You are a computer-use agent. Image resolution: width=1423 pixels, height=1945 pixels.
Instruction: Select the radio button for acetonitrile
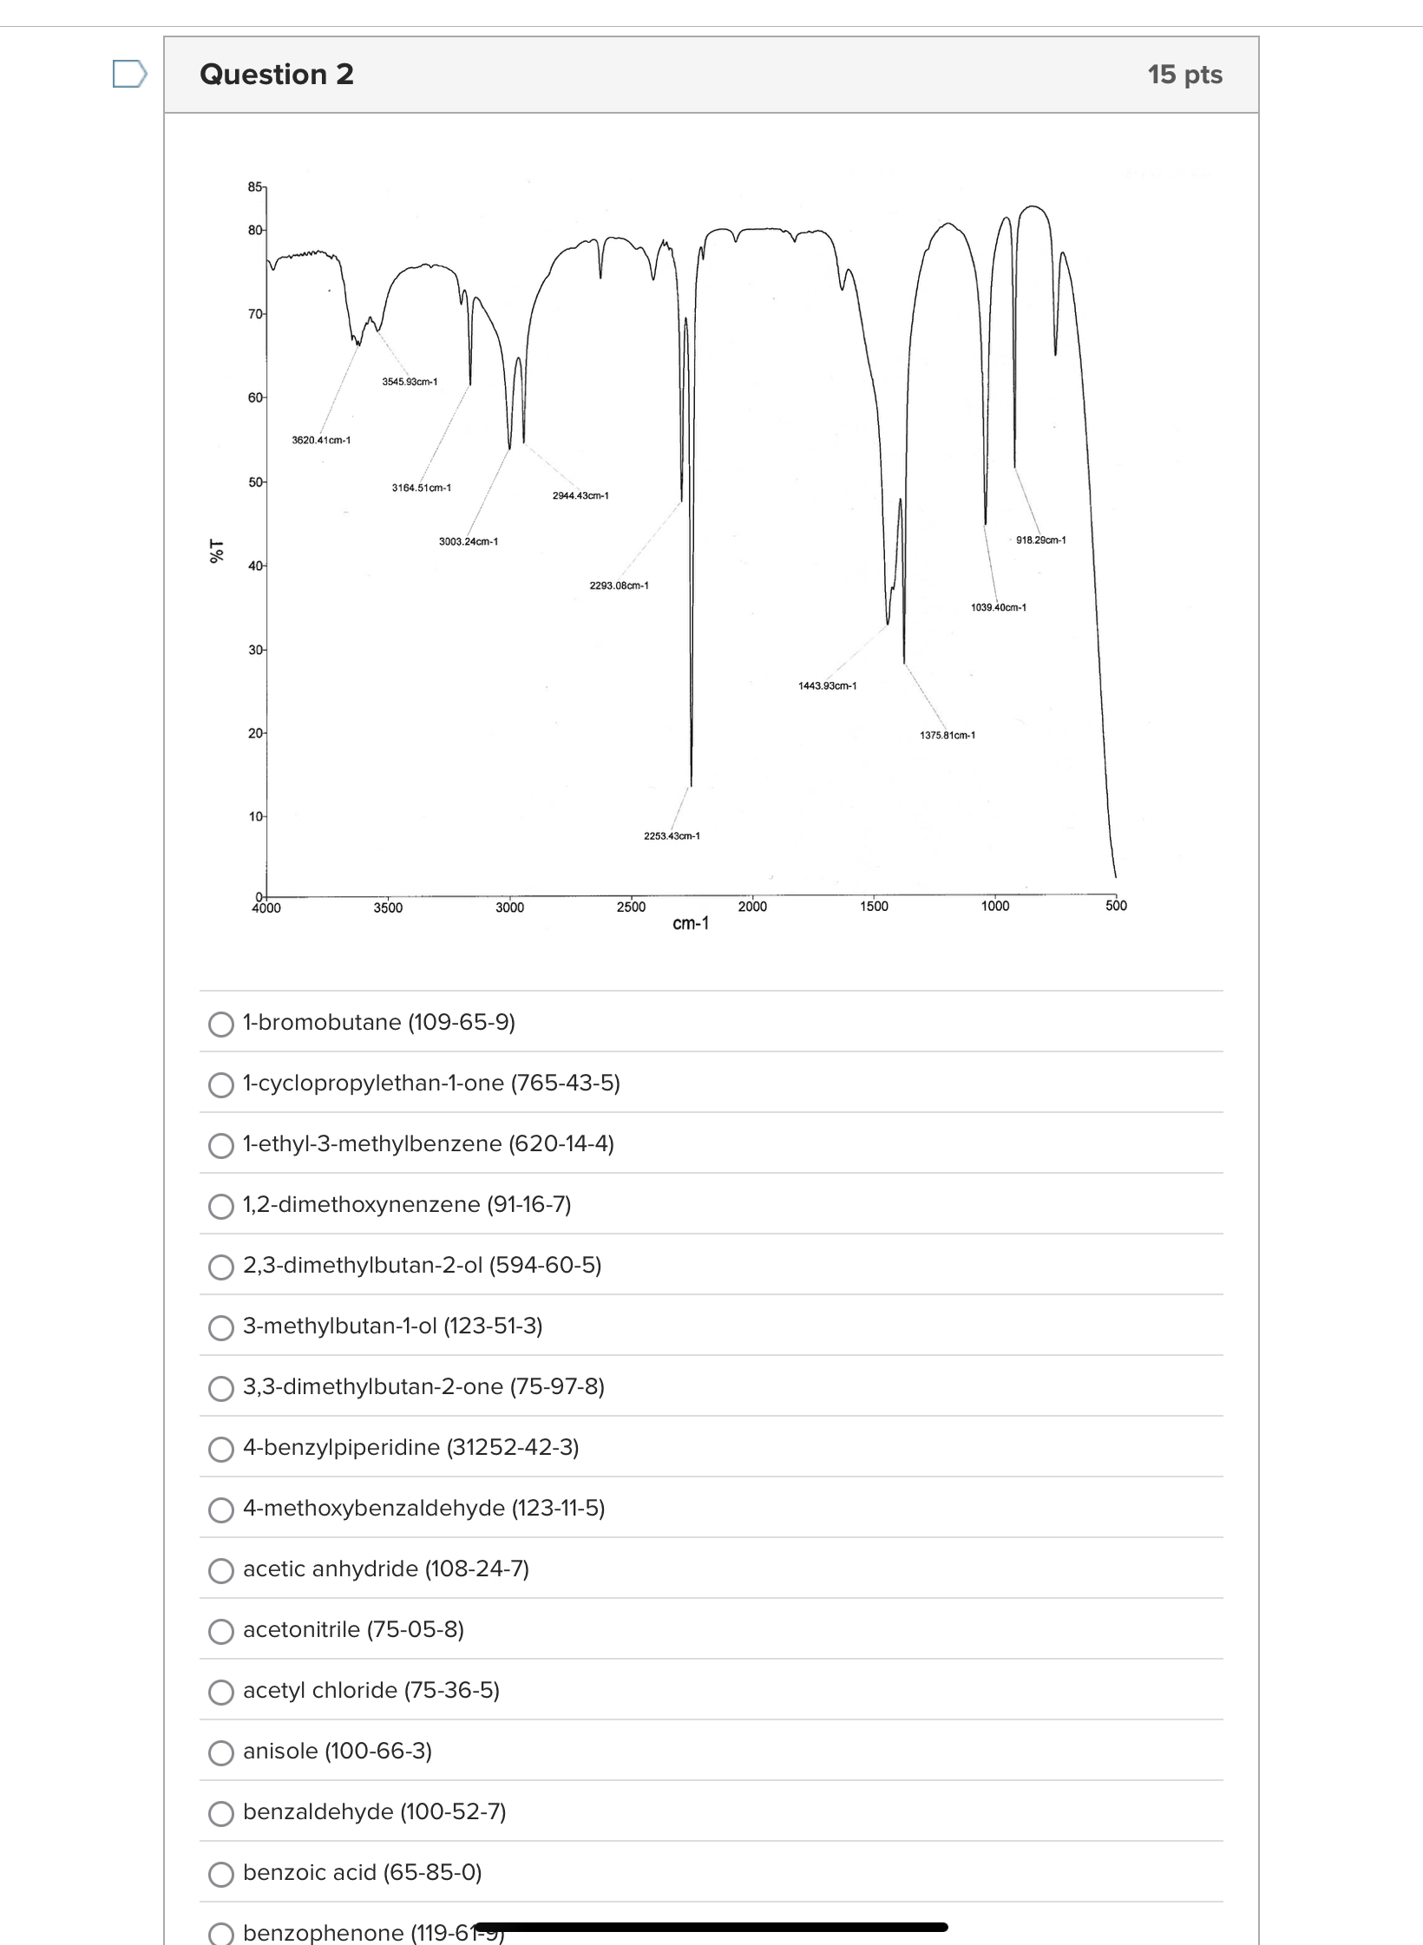coord(221,1631)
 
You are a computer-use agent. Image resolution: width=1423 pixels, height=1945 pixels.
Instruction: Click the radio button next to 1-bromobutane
coord(221,1024)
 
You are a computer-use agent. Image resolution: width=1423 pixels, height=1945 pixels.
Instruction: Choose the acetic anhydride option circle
coord(221,1570)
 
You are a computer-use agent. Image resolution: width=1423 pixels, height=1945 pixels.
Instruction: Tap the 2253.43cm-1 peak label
coord(672,835)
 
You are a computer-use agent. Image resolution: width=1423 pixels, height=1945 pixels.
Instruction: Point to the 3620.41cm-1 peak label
coord(321,440)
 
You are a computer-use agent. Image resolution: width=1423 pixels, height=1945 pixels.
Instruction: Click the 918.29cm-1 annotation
coord(1040,540)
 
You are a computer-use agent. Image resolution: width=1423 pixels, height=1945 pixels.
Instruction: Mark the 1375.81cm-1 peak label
coord(947,735)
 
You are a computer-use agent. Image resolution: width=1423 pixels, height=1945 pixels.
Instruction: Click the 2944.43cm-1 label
coord(580,495)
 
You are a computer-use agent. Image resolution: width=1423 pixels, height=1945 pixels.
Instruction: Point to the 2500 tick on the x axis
coord(631,907)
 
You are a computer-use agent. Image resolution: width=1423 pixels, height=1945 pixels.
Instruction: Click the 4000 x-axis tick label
coord(266,907)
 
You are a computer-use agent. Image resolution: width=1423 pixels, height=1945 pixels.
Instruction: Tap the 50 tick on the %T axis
coord(256,481)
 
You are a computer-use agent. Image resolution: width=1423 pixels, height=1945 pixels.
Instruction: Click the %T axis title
coord(217,551)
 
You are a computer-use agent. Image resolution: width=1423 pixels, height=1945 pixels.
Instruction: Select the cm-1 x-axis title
coord(691,923)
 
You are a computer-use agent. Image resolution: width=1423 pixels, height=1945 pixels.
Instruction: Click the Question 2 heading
coord(277,75)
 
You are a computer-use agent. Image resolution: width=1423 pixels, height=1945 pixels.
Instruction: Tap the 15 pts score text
coord(1184,75)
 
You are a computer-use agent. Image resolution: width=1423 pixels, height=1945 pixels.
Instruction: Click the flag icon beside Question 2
coord(129,74)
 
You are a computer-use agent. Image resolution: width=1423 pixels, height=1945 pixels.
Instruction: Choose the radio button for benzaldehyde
coord(221,1813)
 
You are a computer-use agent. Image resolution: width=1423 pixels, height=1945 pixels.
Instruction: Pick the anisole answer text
coord(338,1751)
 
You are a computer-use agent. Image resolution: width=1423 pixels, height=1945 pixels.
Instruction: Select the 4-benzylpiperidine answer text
coord(410,1447)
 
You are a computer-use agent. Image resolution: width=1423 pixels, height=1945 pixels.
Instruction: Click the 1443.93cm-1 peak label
coord(827,685)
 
